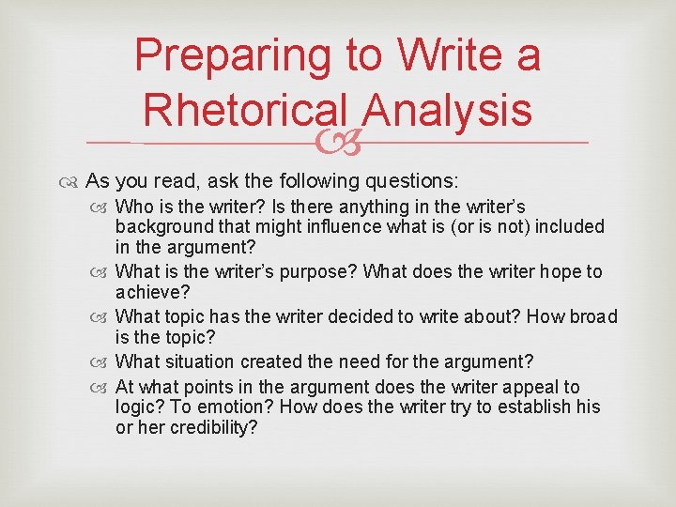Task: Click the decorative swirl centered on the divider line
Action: coord(337,144)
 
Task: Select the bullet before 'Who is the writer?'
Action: coord(102,207)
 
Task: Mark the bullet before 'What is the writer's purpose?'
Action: coord(102,272)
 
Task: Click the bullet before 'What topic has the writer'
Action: coord(102,317)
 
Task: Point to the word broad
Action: coord(592,316)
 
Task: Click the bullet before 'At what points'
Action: coord(102,388)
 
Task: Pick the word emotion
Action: coord(238,407)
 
